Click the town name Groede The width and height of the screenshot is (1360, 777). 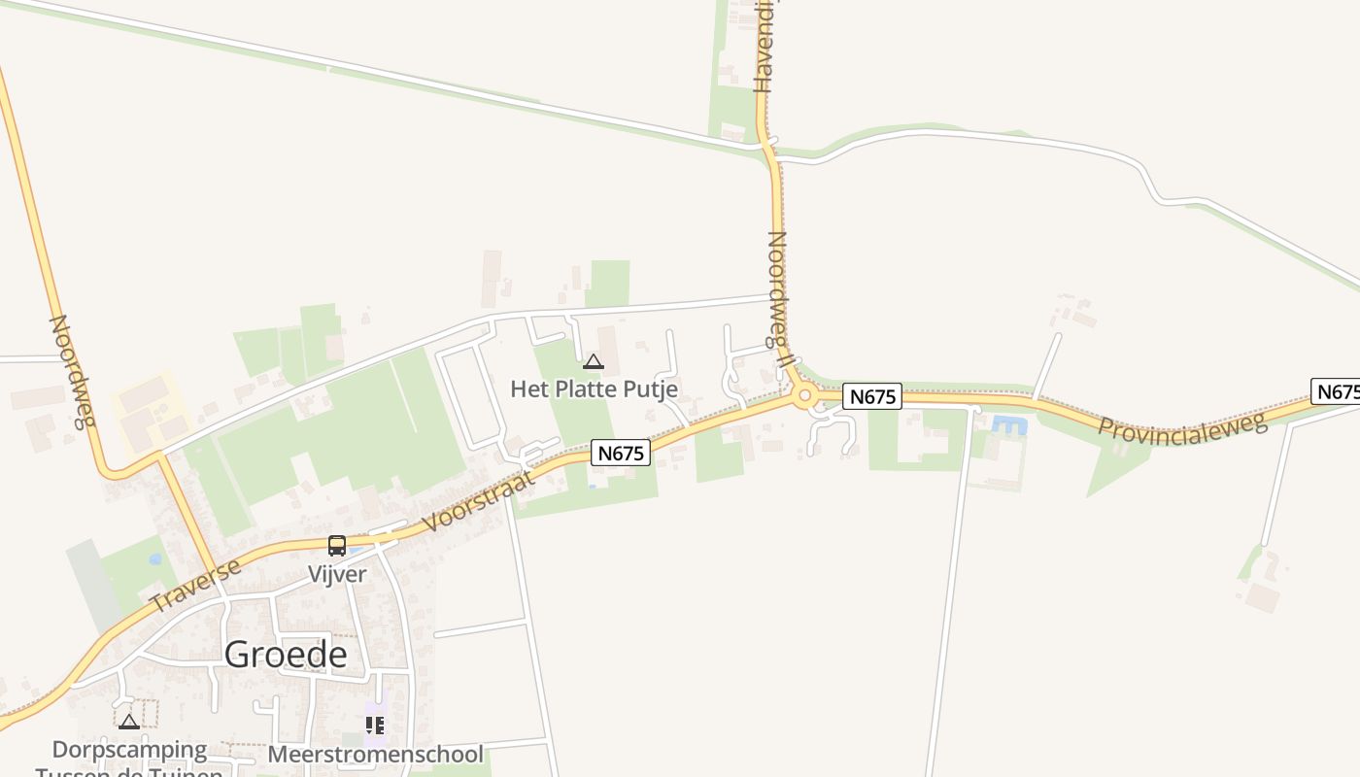tap(286, 655)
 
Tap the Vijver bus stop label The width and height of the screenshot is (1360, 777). tap(337, 574)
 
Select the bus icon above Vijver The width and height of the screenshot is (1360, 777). tap(337, 546)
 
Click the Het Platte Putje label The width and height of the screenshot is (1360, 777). tap(594, 389)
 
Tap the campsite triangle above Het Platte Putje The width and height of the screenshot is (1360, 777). tap(593, 362)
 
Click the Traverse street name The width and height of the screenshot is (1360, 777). tap(196, 585)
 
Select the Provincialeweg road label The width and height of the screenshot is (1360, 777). tap(1183, 427)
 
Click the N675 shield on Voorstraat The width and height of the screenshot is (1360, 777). tap(621, 453)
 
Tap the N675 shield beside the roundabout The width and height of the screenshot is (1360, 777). tap(871, 396)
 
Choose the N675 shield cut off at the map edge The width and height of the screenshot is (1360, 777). tap(1337, 391)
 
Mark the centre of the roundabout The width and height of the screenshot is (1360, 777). tap(804, 395)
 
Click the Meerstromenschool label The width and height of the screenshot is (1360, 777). tap(375, 755)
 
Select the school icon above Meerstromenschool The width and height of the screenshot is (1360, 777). tap(375, 725)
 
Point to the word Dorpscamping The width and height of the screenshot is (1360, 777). tap(129, 750)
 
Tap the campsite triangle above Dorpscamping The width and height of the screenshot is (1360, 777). tap(129, 722)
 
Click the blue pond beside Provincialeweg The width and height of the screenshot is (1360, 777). tap(1009, 424)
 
